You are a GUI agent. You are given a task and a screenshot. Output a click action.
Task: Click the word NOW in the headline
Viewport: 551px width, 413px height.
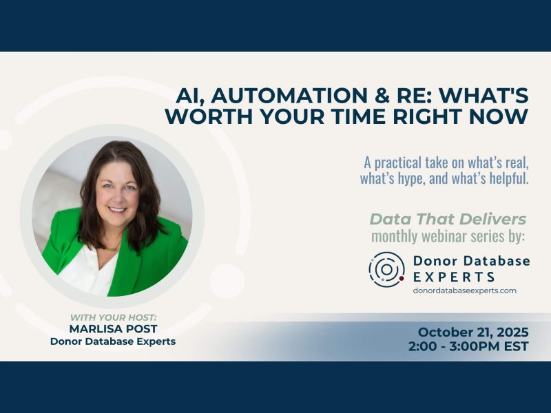click(505, 116)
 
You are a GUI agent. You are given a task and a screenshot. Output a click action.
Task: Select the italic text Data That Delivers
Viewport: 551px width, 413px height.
click(448, 220)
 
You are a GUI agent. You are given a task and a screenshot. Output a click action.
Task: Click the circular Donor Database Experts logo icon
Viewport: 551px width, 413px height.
click(386, 269)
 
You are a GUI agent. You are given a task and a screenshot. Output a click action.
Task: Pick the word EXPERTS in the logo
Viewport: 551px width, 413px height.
click(454, 277)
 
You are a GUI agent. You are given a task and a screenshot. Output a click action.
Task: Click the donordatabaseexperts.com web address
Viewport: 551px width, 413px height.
click(464, 290)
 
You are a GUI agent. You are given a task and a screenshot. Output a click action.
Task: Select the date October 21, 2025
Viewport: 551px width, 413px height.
click(472, 332)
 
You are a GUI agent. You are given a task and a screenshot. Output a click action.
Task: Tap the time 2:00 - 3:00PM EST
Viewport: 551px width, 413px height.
click(468, 346)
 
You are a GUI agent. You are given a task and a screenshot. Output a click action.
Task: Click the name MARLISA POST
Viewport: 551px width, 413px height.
click(113, 328)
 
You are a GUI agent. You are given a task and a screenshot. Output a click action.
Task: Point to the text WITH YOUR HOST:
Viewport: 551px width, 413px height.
click(113, 317)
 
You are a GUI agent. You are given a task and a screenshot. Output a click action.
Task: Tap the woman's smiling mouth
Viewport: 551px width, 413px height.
click(118, 209)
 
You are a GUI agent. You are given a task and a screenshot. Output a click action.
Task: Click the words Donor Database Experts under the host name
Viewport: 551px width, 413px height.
click(113, 341)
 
